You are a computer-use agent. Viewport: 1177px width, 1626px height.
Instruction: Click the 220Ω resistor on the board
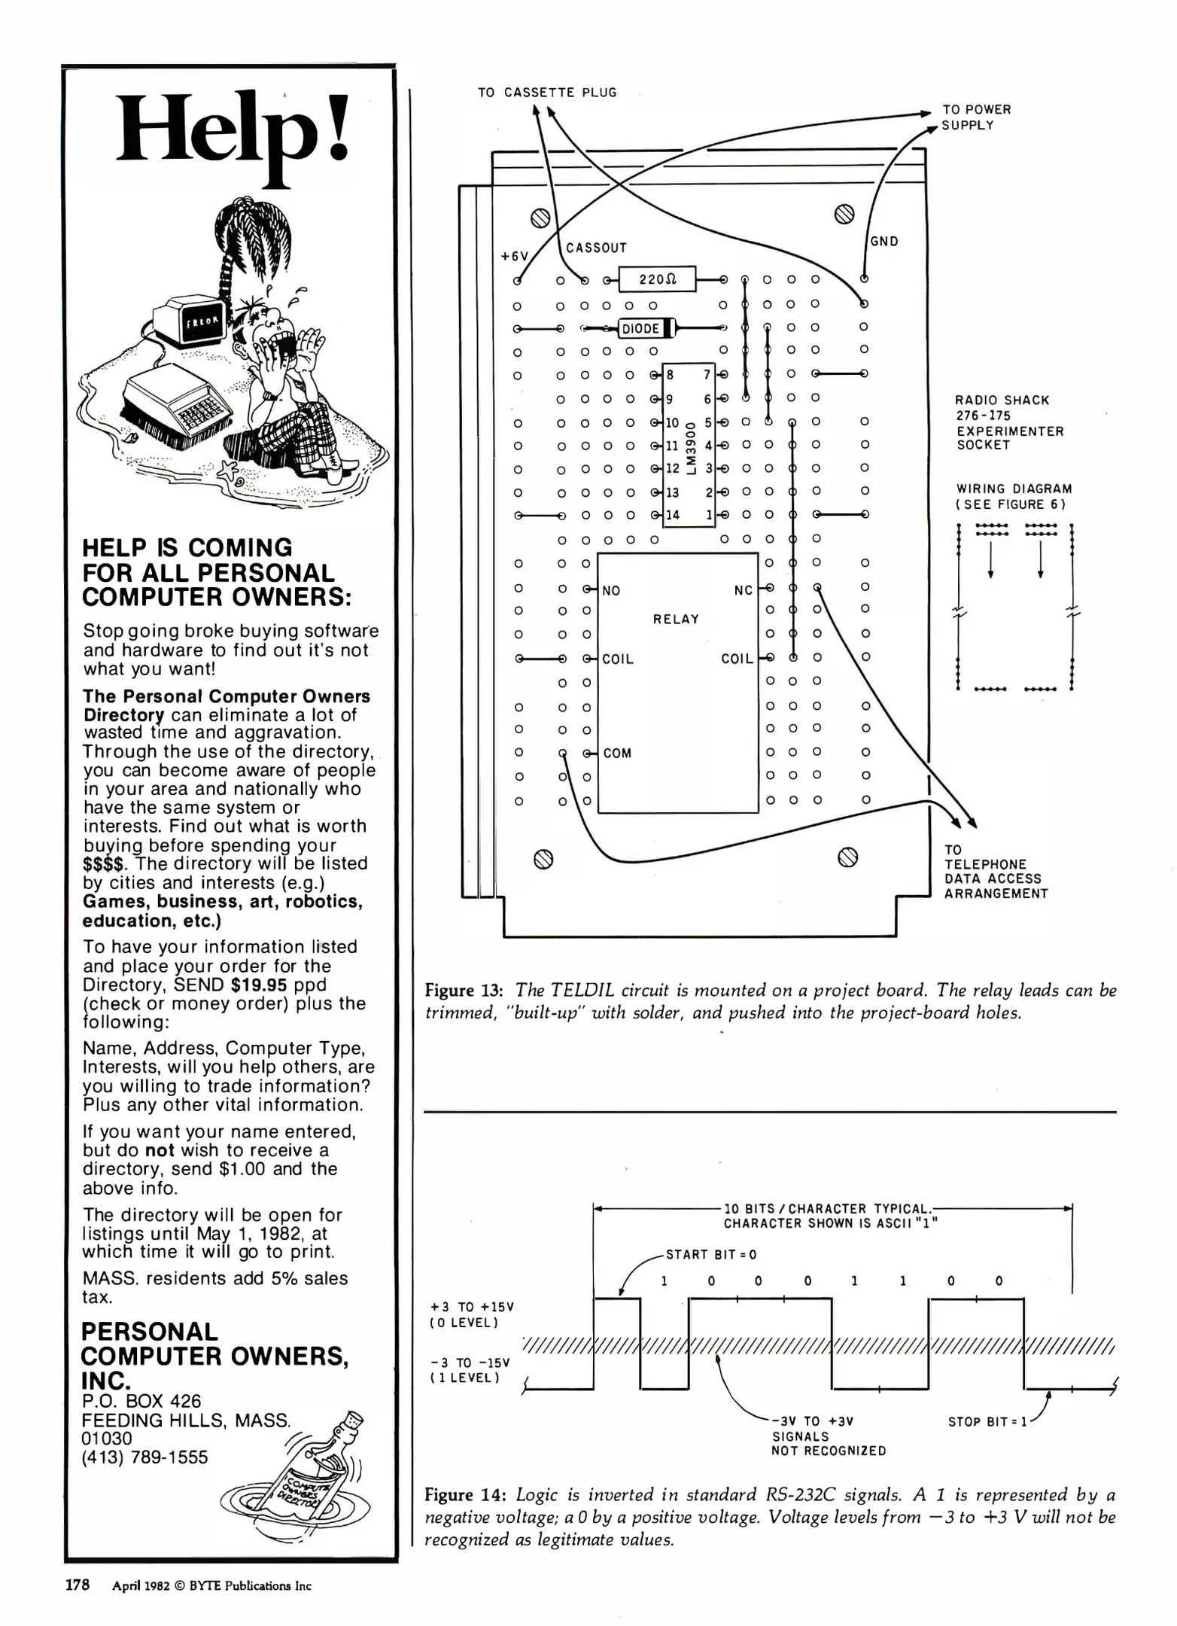click(657, 279)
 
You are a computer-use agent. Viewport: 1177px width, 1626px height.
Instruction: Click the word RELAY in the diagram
click(676, 619)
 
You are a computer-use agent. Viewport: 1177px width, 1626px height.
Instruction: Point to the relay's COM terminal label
click(617, 754)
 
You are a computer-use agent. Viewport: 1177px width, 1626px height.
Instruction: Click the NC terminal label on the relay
click(743, 590)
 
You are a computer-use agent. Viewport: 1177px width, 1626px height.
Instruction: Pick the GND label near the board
click(884, 242)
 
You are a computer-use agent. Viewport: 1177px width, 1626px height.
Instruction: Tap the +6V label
click(515, 256)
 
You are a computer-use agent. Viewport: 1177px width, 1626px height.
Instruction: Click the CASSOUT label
click(596, 248)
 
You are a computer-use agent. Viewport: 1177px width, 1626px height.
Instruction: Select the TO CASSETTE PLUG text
click(547, 93)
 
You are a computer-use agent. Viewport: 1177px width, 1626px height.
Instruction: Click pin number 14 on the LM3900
click(672, 515)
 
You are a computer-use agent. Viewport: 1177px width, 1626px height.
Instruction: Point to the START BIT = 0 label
click(710, 1255)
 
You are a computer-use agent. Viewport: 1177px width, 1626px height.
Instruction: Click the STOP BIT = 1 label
click(987, 1422)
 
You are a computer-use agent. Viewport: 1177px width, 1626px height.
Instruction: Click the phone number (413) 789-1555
click(144, 1457)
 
